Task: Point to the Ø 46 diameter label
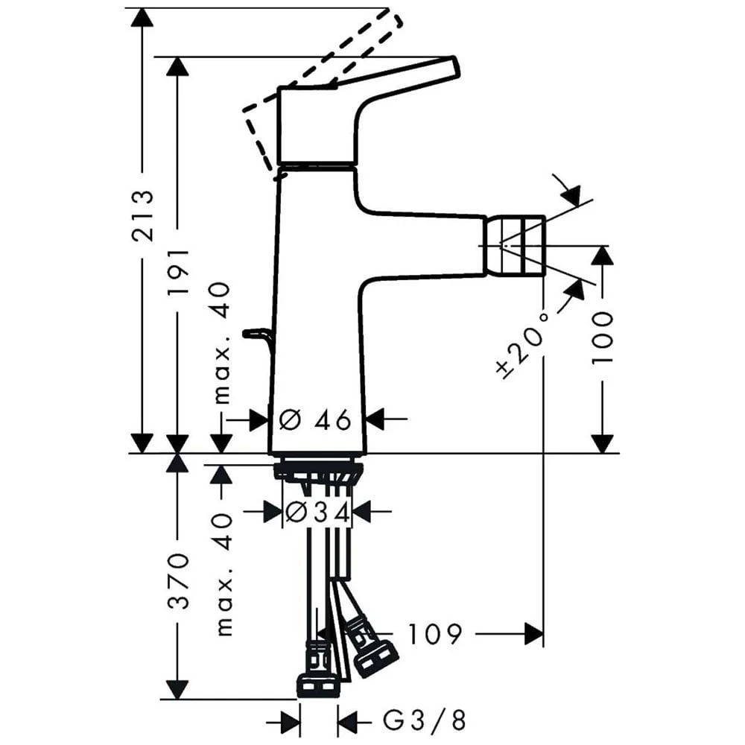tap(315, 420)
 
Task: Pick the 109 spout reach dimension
tap(435, 634)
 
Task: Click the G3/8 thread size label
tap(425, 720)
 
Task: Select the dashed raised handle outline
tap(328, 67)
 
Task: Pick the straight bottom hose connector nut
tap(318, 685)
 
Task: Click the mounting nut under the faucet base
tap(318, 471)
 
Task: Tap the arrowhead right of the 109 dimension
tap(533, 634)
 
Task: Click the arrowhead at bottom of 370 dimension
tap(177, 688)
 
